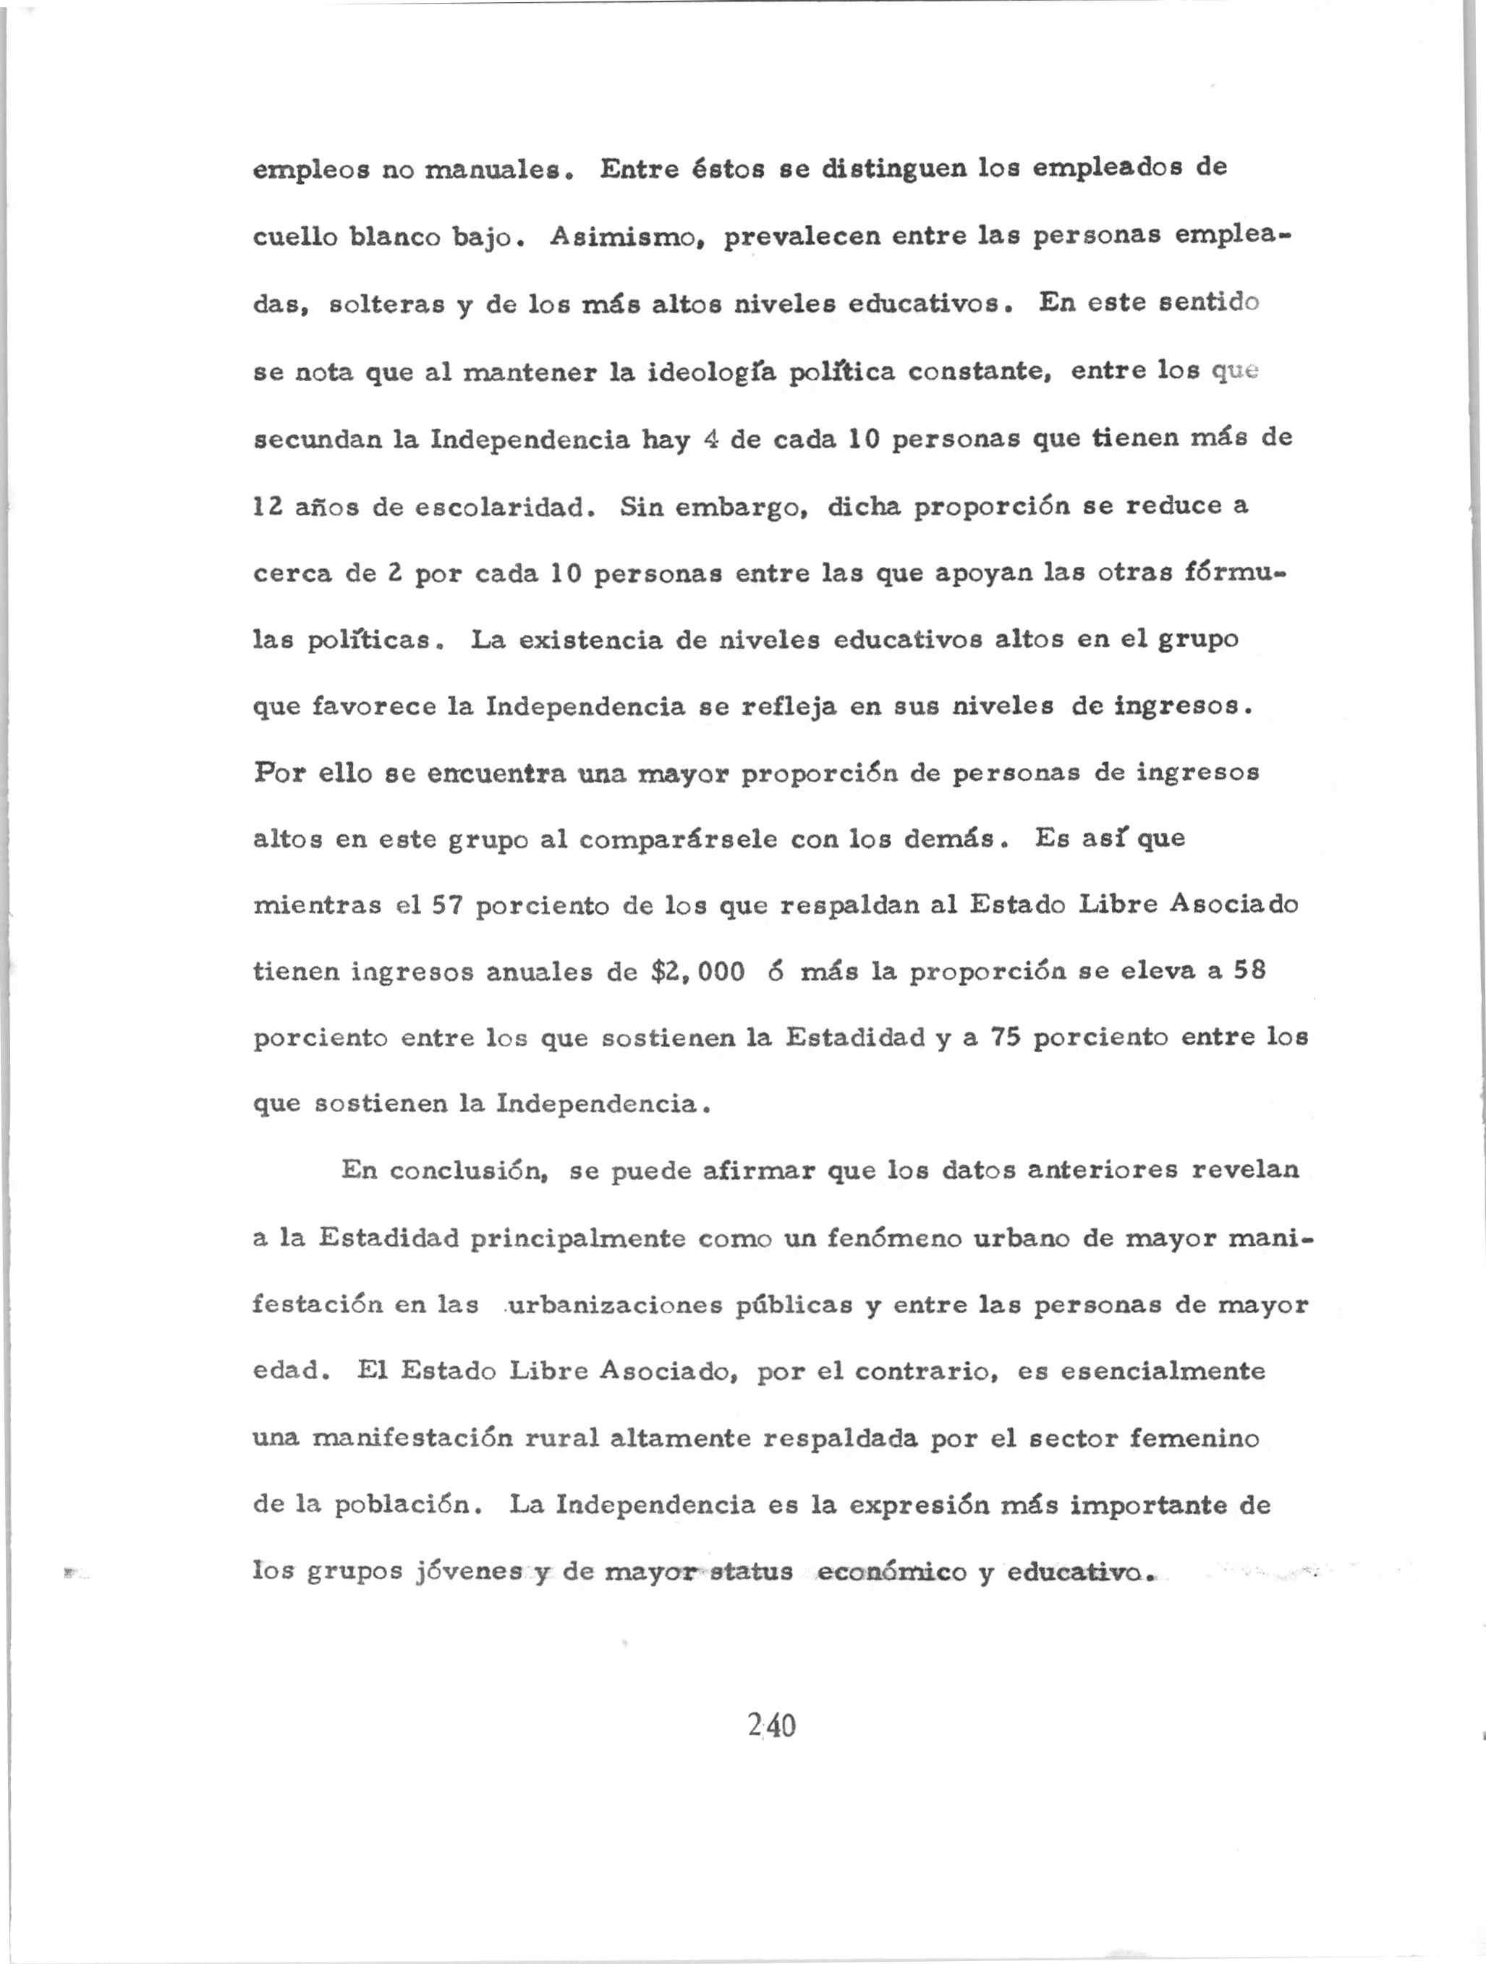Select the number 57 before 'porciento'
448,905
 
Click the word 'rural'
561,1438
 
